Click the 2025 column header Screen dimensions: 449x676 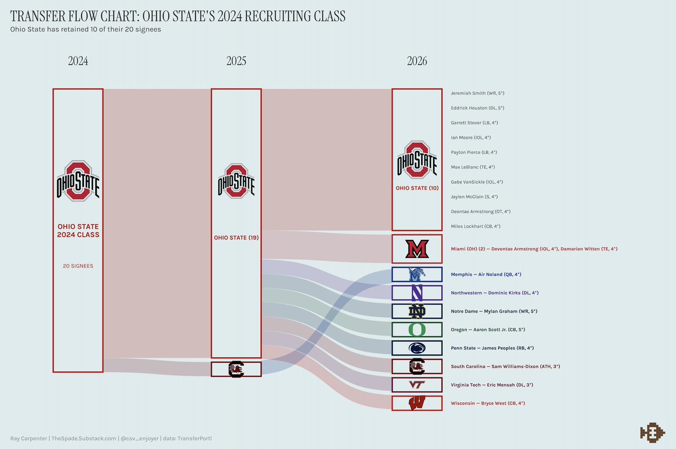[x=236, y=61]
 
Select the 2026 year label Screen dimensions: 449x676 [x=417, y=61]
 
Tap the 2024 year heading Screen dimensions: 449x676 [x=78, y=61]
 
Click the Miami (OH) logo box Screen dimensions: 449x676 [x=417, y=248]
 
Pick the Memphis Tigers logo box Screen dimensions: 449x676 [x=417, y=274]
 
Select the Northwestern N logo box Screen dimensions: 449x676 [x=417, y=293]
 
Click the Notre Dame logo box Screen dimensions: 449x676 [x=417, y=311]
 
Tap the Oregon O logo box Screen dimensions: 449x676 [x=417, y=329]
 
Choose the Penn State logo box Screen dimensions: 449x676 [x=417, y=348]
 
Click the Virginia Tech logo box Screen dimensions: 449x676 [x=417, y=385]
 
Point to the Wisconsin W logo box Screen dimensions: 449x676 [x=417, y=403]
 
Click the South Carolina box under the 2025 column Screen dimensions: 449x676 [x=236, y=370]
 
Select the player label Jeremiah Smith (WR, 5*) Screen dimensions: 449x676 [x=481, y=93]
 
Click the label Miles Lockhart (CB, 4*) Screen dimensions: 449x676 [x=475, y=226]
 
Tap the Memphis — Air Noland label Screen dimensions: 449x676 [x=486, y=274]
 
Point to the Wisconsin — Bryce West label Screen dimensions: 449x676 [x=488, y=403]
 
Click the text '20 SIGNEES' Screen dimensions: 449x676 [x=78, y=266]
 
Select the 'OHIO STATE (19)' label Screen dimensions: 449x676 [x=236, y=238]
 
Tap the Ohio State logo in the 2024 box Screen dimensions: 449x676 [x=78, y=181]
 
